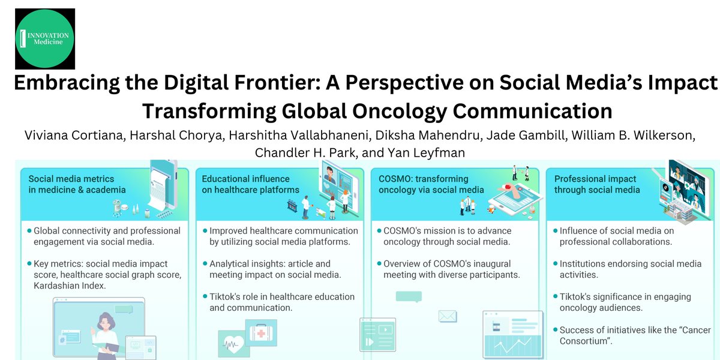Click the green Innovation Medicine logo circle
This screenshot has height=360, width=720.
(x=44, y=38)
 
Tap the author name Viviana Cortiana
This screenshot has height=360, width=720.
(x=74, y=136)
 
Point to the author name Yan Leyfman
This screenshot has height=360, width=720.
(x=426, y=152)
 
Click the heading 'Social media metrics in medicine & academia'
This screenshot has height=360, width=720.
(x=77, y=184)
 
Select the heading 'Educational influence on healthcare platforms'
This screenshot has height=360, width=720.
(x=250, y=184)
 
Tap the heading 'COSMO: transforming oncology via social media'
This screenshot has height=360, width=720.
(x=431, y=184)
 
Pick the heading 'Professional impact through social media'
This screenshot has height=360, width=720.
(x=597, y=184)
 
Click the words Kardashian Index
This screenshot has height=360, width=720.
(x=70, y=286)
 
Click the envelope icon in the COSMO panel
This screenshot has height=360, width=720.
(x=448, y=316)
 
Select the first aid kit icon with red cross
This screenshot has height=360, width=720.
(x=261, y=333)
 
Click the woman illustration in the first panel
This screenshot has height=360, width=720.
(x=106, y=336)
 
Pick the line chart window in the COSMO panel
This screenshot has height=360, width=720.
(x=513, y=335)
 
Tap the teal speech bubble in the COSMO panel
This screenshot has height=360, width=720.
(x=409, y=296)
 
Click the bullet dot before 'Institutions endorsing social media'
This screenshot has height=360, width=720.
(x=555, y=263)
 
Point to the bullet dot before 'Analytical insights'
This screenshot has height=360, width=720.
(x=205, y=263)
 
